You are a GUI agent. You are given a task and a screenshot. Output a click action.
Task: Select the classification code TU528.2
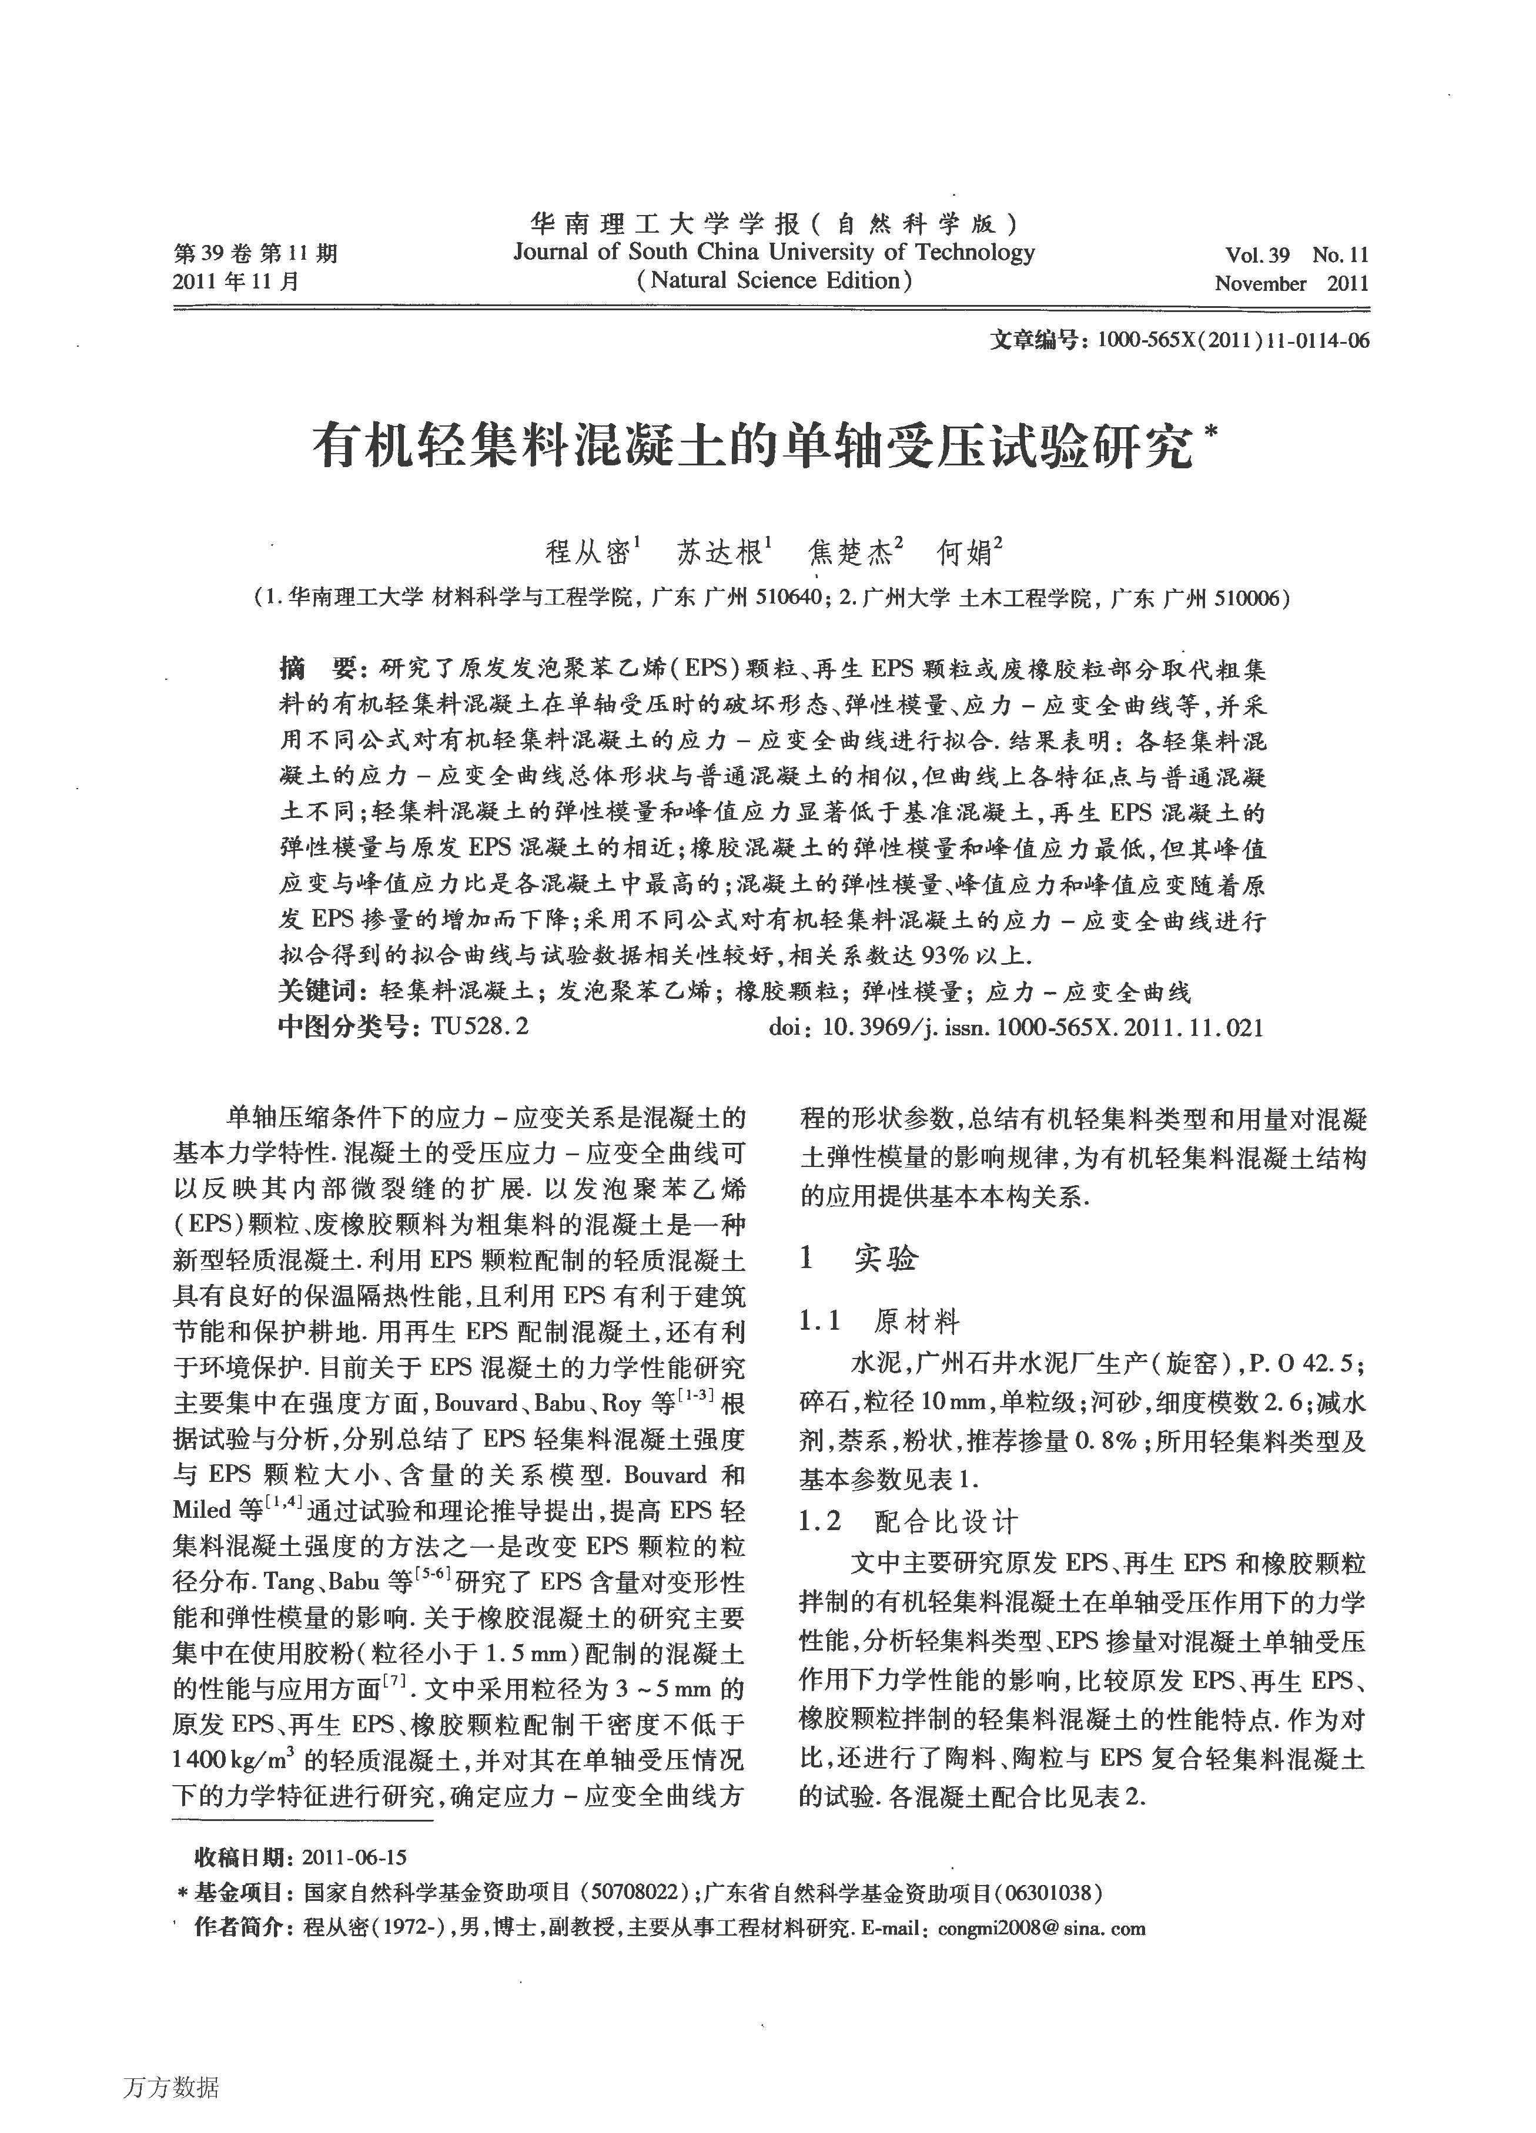point(480,1026)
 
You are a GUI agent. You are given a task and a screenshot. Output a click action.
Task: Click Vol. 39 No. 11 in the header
point(1296,255)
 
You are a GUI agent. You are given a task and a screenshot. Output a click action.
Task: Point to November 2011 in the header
point(1290,283)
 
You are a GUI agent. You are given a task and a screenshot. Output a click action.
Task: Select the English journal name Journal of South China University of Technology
point(773,252)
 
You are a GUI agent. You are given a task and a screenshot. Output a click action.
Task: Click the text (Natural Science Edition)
point(773,280)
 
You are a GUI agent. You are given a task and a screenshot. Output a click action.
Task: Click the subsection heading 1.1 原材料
point(879,1322)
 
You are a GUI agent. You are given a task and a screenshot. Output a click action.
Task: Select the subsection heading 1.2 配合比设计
point(908,1521)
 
